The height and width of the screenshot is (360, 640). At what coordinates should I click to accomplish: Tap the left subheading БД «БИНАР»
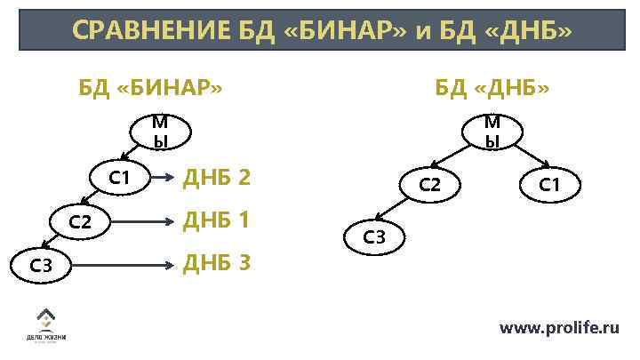pos(149,88)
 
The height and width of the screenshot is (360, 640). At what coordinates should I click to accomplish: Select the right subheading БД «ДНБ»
pos(492,88)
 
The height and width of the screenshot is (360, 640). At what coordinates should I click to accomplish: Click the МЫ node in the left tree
pos(159,132)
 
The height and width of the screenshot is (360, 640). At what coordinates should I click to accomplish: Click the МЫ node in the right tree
pos(491,132)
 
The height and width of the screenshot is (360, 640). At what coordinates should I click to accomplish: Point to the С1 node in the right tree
pos(549,185)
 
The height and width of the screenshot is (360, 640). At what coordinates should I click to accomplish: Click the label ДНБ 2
pos(216,179)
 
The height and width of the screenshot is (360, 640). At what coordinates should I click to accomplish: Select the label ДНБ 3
pos(216,263)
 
